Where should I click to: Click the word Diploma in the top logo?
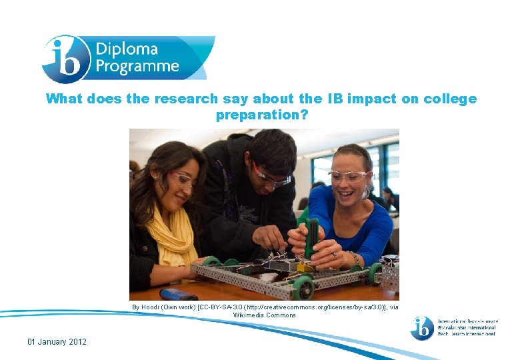127,49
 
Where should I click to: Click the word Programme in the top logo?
137,66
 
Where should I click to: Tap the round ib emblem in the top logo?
65,59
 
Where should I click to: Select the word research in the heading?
186,99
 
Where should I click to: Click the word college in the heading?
451,99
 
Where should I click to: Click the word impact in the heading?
372,99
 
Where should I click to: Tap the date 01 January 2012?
57,342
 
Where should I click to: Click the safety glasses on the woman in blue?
347,177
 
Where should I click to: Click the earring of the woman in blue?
366,193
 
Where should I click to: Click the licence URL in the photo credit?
315,307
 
